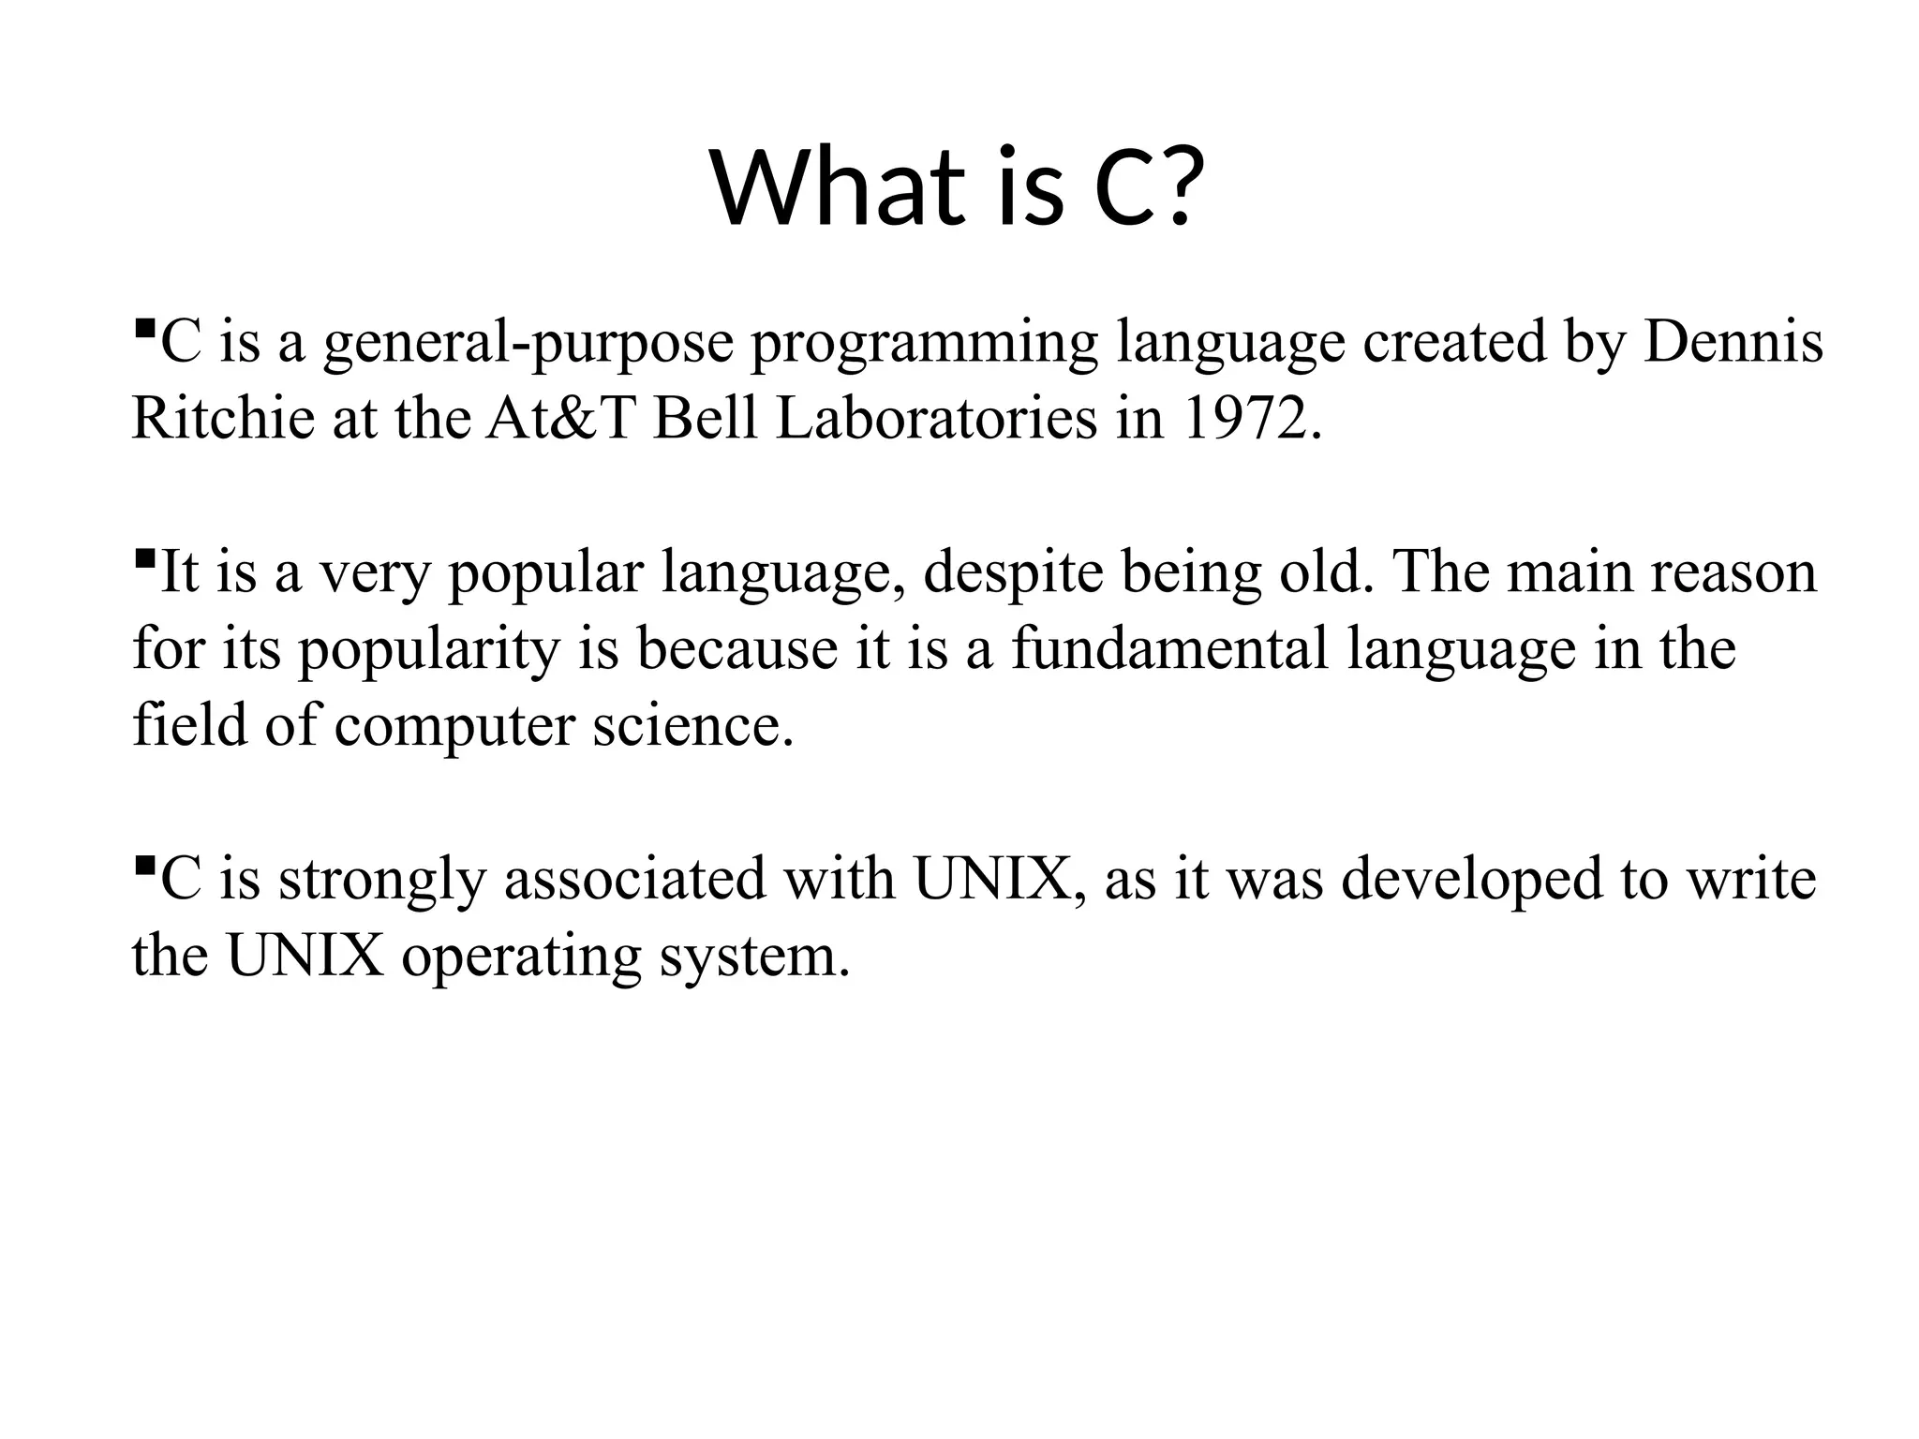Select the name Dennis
[1733, 341]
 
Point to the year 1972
[1250, 418]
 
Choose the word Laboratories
[936, 418]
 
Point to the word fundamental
[1170, 648]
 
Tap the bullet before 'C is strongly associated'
[144, 866]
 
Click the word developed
[1472, 880]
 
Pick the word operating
[521, 957]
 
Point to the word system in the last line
[753, 957]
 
